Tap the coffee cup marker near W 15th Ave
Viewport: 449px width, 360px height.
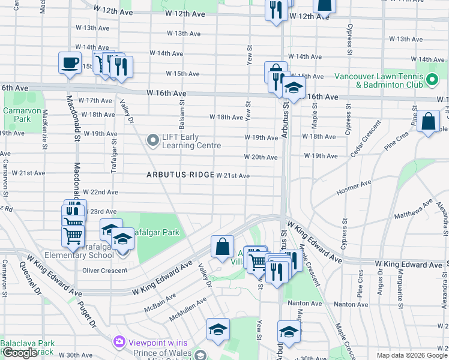70,62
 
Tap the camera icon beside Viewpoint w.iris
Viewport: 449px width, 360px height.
119,341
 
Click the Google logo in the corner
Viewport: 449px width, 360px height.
19,353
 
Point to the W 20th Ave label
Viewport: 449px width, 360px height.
261,157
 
